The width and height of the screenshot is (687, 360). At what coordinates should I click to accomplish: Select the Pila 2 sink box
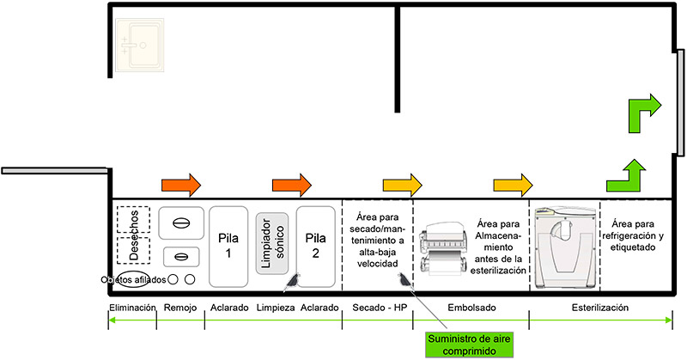315,246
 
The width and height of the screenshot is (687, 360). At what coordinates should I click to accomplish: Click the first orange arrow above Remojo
180,183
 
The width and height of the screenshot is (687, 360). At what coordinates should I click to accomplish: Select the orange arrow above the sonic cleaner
291,183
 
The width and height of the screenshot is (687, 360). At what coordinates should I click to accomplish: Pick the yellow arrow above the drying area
402,183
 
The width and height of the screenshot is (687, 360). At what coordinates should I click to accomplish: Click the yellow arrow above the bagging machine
513,183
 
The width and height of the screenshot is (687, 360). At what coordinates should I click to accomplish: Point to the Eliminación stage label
131,307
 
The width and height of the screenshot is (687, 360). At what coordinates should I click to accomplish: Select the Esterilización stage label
600,307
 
